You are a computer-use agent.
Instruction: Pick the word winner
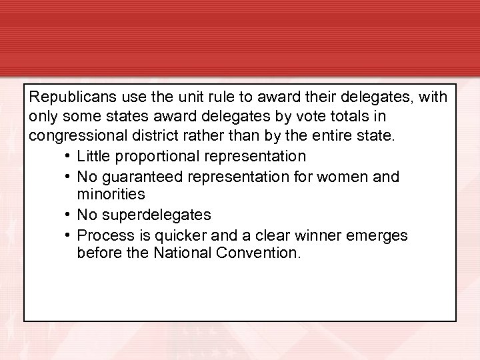coord(329,235)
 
